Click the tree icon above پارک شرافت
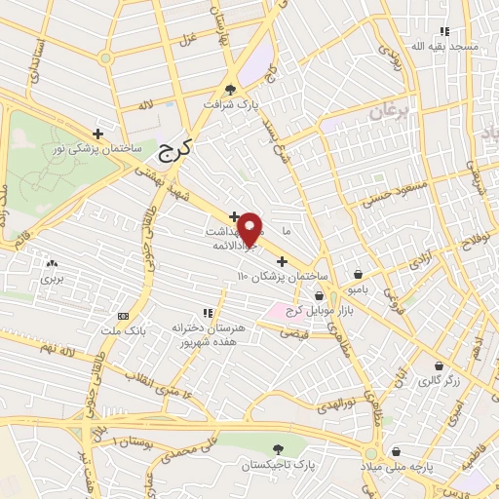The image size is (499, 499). [x=231, y=86]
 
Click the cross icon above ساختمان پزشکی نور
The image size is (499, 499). [x=97, y=133]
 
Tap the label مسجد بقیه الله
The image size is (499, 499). [x=444, y=46]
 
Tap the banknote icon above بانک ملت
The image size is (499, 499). [x=124, y=316]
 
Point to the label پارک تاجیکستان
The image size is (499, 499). [x=280, y=465]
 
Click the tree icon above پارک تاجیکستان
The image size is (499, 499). [x=280, y=448]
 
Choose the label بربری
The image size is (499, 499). [x=51, y=278]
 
